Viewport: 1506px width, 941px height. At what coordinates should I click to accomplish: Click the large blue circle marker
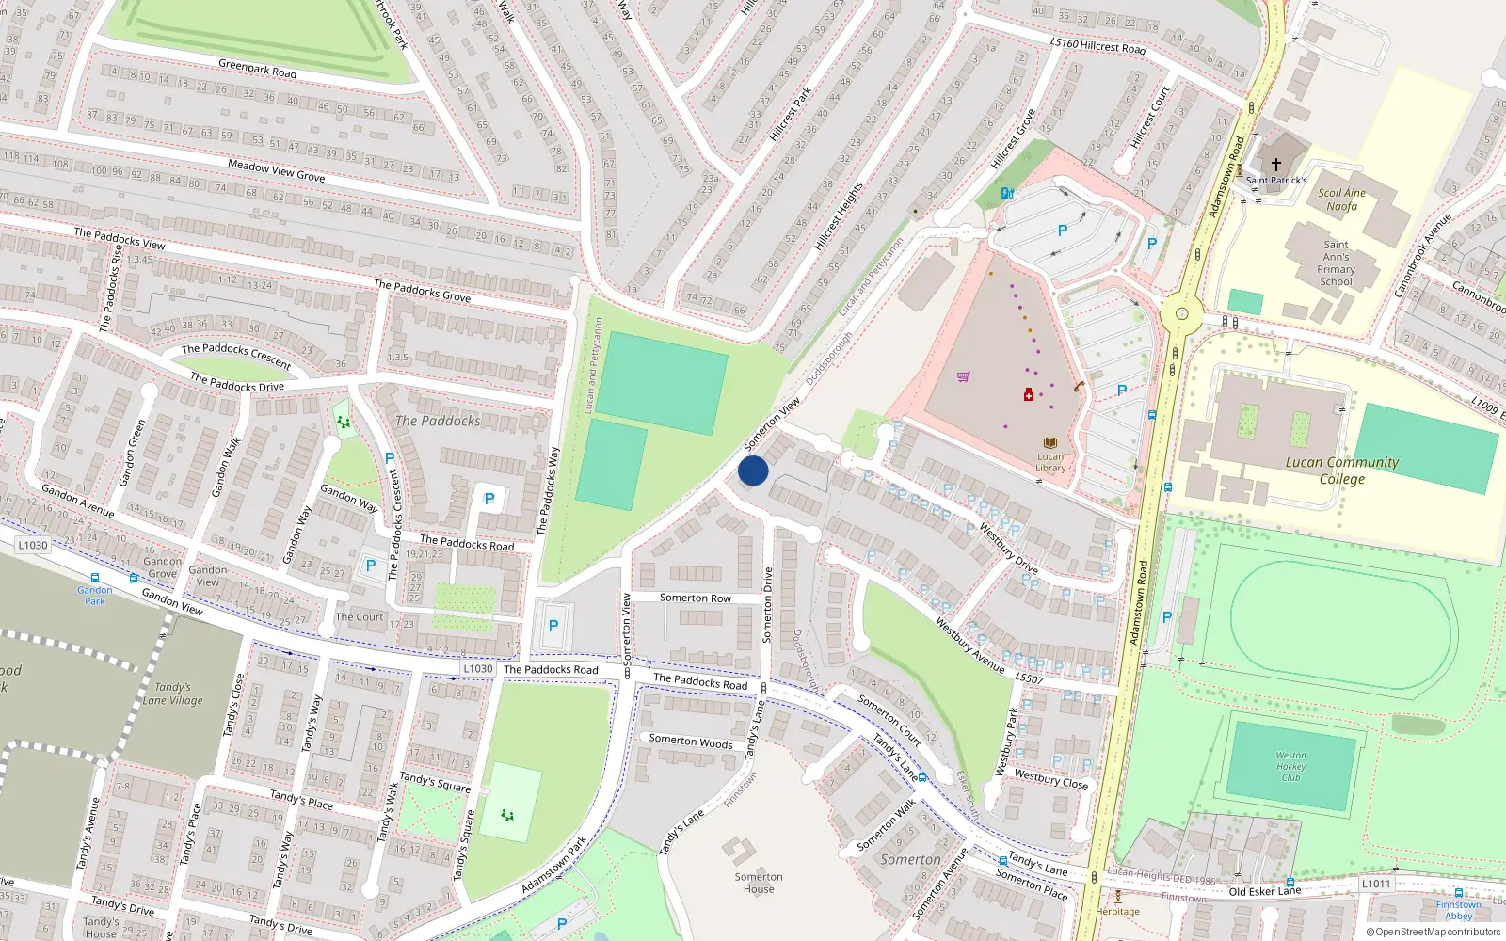[753, 470]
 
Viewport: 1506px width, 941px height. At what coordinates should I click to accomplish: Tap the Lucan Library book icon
[1050, 443]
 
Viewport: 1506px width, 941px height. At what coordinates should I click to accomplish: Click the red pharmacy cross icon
[1029, 394]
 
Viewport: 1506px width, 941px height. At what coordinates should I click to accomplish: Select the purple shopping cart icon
[963, 376]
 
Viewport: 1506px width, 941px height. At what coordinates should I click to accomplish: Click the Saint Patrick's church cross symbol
[1276, 165]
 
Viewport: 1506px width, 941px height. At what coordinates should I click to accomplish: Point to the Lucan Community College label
[1341, 470]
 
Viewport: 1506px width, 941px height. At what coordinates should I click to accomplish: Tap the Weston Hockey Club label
[1290, 766]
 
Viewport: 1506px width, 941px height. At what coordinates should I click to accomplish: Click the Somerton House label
[759, 883]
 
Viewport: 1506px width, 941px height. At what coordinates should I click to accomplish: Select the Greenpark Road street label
[257, 69]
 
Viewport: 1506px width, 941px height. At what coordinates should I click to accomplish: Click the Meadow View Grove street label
[276, 170]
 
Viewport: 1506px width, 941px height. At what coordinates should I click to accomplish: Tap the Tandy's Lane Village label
[172, 694]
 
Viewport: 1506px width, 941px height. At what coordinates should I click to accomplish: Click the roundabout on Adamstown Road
[1181, 314]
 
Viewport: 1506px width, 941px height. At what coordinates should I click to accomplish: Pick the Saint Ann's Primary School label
[1336, 263]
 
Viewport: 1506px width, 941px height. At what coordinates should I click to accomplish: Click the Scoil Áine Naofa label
[1341, 199]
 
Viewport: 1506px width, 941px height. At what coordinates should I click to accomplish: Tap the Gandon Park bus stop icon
[94, 578]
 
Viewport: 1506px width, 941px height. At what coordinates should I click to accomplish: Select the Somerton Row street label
[695, 598]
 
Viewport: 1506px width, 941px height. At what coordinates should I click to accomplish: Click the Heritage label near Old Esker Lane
[1117, 911]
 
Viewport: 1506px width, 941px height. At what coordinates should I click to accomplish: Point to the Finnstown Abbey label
[1458, 910]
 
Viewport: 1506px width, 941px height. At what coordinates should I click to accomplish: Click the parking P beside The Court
[371, 566]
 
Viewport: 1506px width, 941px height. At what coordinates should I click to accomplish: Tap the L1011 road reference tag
[1376, 884]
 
